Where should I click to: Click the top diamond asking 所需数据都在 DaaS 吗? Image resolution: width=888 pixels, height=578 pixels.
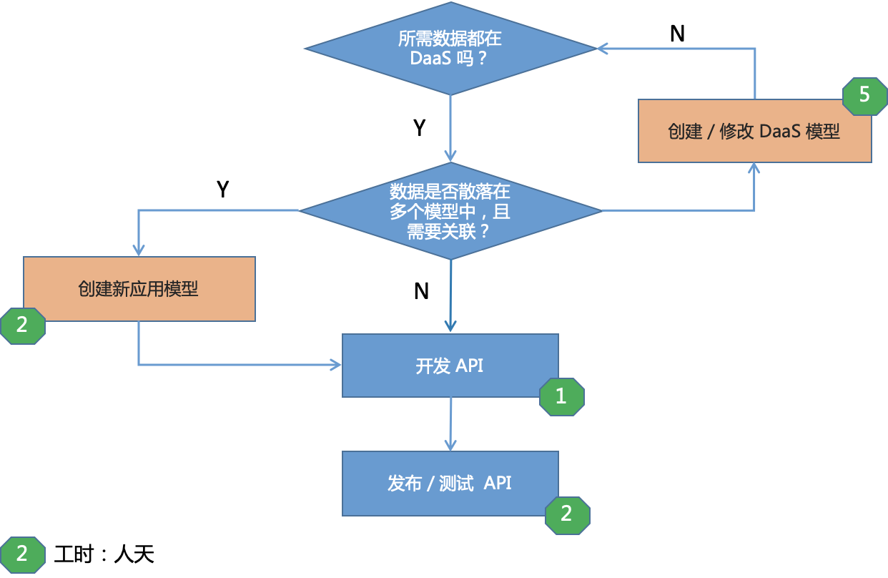tap(450, 49)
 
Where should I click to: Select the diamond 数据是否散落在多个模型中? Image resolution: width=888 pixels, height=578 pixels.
tap(450, 210)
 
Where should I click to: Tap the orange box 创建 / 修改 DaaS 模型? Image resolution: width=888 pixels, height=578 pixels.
tap(754, 131)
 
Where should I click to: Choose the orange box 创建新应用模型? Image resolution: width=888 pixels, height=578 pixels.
tap(139, 289)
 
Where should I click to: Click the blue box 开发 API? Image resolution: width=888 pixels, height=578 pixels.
tap(450, 366)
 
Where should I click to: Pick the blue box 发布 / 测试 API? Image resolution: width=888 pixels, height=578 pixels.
tap(450, 483)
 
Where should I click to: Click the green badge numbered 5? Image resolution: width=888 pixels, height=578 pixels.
tap(864, 97)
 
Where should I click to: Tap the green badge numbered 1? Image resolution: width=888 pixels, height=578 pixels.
tap(562, 397)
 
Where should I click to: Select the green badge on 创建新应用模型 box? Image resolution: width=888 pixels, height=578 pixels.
tap(23, 325)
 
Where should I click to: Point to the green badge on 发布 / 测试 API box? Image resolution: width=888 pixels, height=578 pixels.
tap(568, 515)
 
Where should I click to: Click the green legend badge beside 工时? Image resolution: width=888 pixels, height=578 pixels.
tap(23, 554)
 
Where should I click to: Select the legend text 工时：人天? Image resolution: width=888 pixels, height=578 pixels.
tap(104, 554)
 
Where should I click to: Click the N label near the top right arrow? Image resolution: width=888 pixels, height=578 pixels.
tap(678, 34)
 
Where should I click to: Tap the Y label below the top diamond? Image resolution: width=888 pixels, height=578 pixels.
tap(420, 128)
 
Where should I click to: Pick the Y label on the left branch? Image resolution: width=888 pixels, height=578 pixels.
tap(223, 189)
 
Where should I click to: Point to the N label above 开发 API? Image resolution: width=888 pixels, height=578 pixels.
tap(421, 291)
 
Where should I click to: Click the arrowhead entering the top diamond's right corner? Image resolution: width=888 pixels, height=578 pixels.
tap(603, 49)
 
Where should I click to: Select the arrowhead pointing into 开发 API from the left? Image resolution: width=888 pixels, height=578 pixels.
tap(335, 365)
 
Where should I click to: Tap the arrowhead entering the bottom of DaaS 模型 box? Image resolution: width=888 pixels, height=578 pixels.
tap(754, 168)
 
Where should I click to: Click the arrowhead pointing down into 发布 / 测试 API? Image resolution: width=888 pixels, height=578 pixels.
tap(450, 445)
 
